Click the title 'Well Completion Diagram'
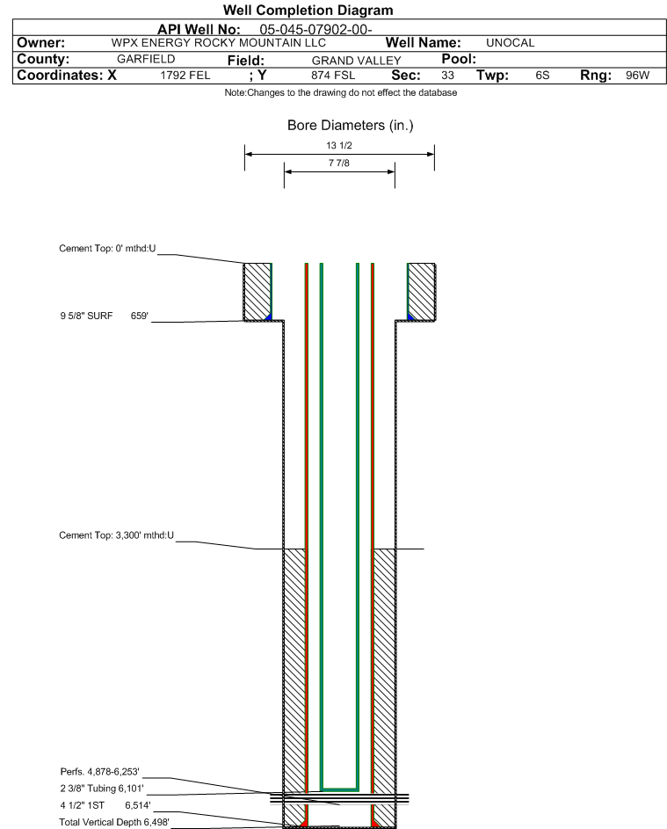[308, 10]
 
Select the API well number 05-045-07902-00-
[315, 30]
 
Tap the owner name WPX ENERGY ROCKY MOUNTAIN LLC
[218, 43]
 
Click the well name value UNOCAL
[510, 43]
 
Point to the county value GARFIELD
[146, 59]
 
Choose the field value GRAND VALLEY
[356, 61]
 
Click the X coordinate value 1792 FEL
[185, 76]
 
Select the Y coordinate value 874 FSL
[333, 76]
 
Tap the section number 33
[447, 76]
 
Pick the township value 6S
[542, 76]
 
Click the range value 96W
[637, 76]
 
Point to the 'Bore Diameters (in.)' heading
[351, 126]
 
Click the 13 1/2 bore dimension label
[339, 145]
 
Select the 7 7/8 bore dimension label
[339, 163]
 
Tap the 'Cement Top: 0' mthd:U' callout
[107, 249]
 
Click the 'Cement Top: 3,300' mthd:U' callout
[116, 535]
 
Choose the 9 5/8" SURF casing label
[86, 316]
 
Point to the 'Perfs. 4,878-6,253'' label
[100, 772]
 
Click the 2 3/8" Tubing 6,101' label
[101, 789]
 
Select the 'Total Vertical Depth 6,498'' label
[114, 822]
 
